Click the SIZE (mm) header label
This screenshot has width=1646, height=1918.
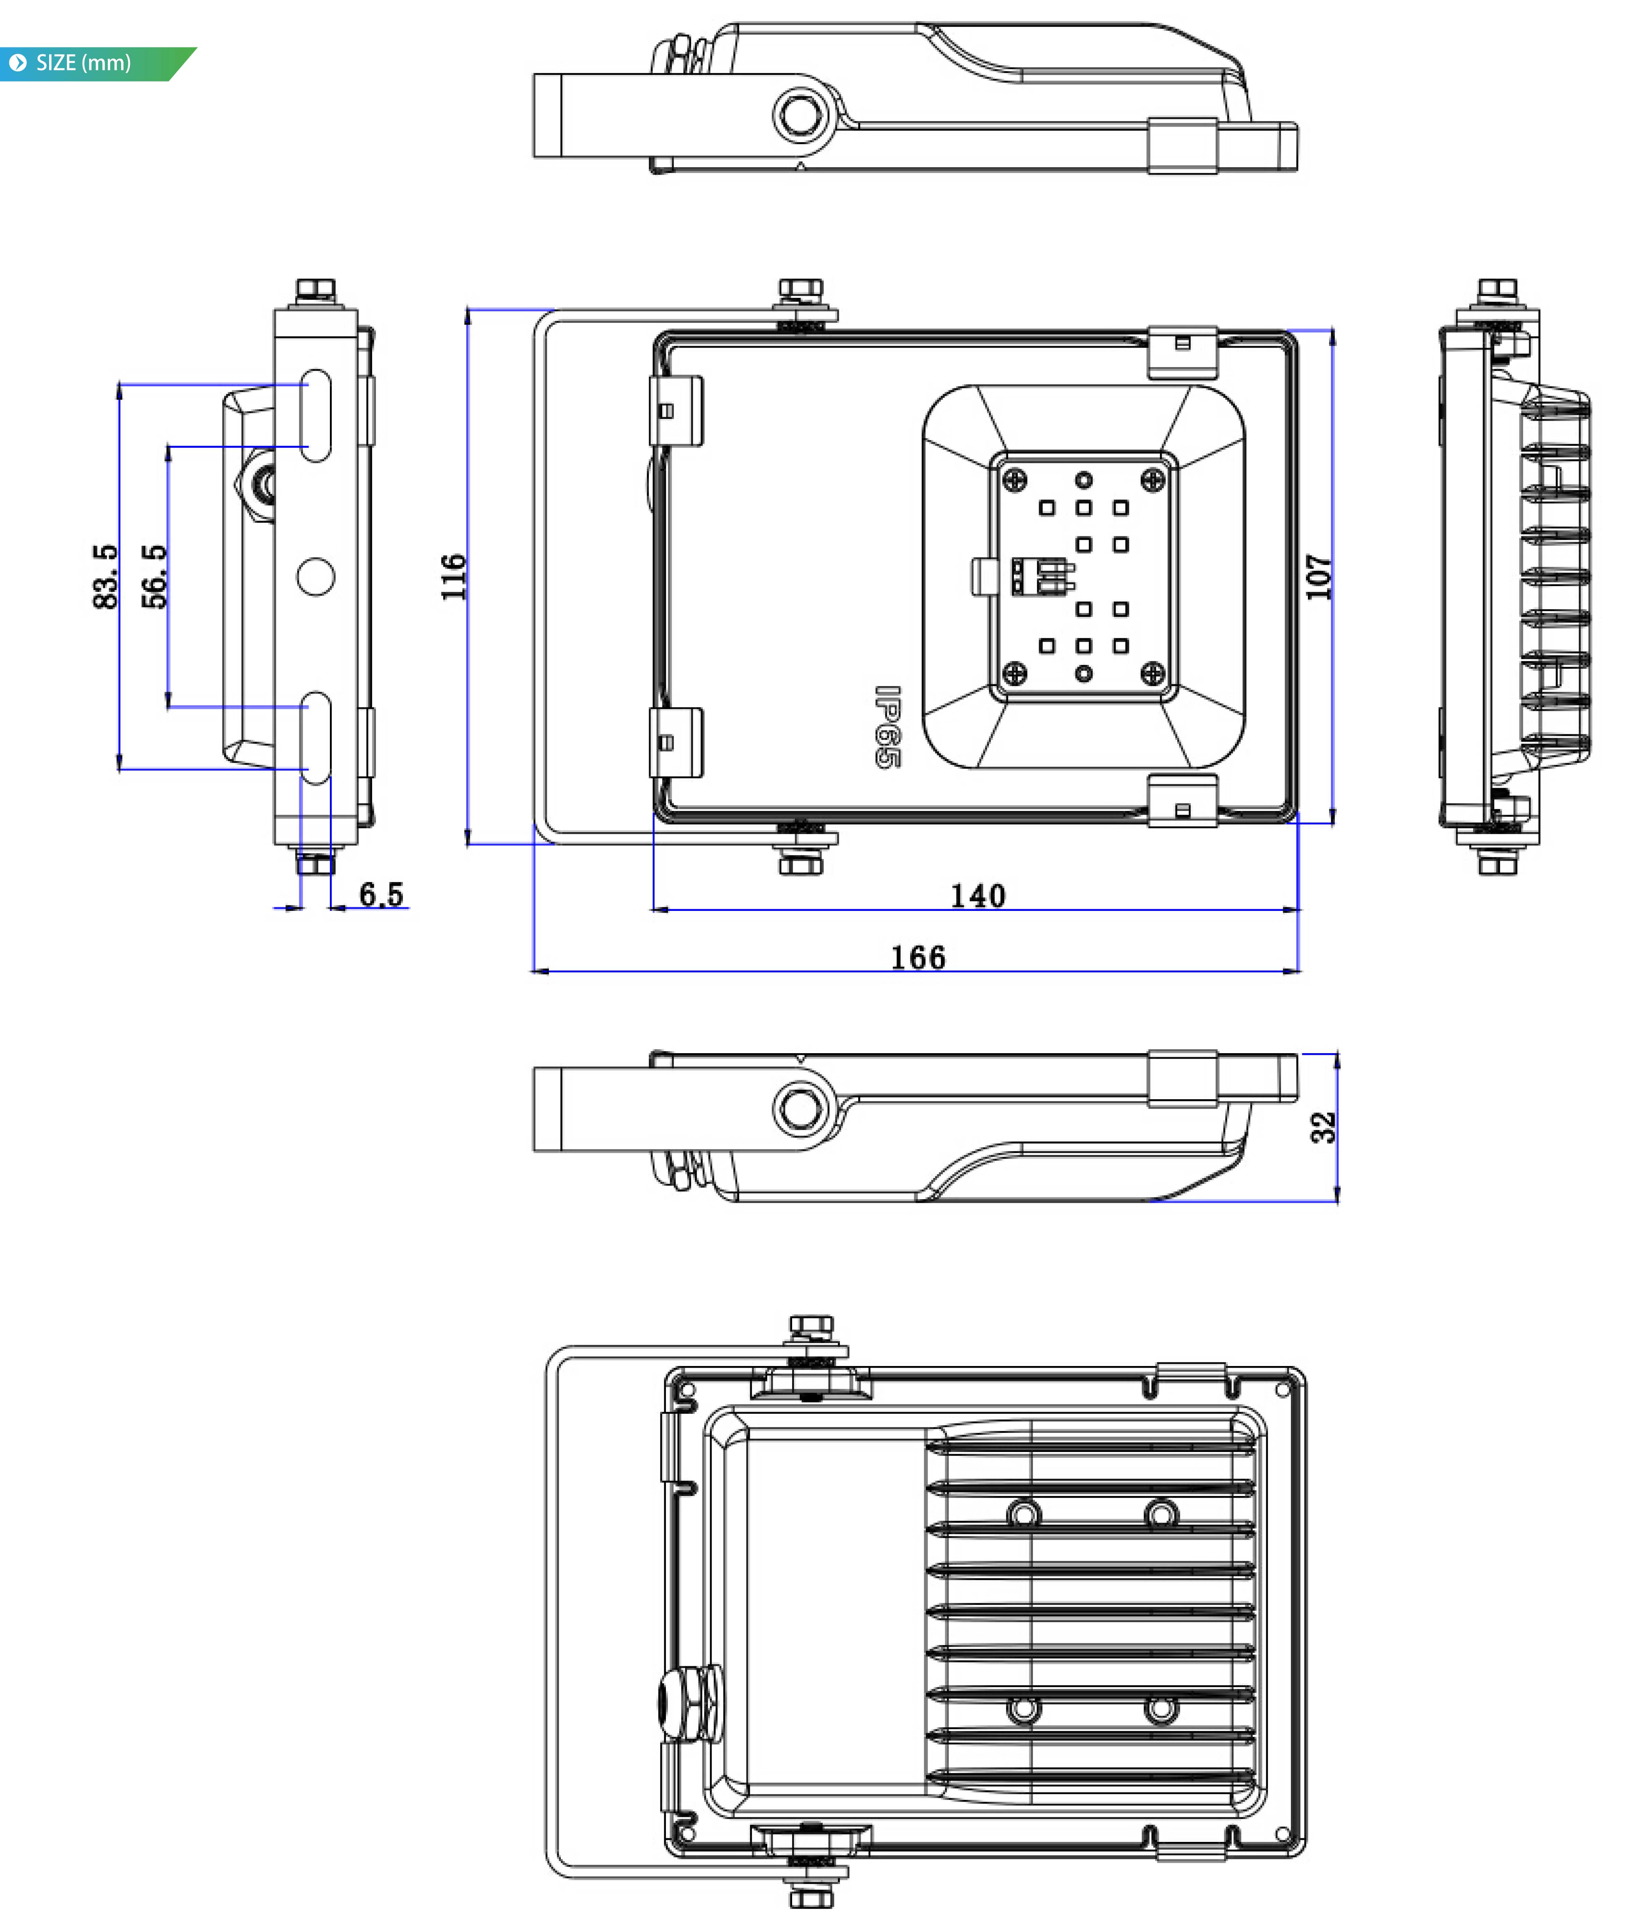click(x=83, y=63)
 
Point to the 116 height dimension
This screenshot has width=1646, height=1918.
click(x=453, y=577)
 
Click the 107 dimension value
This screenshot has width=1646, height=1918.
click(x=1317, y=577)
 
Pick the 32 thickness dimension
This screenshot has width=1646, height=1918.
click(x=1323, y=1128)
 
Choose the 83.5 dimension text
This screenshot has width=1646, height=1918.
click(x=105, y=577)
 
